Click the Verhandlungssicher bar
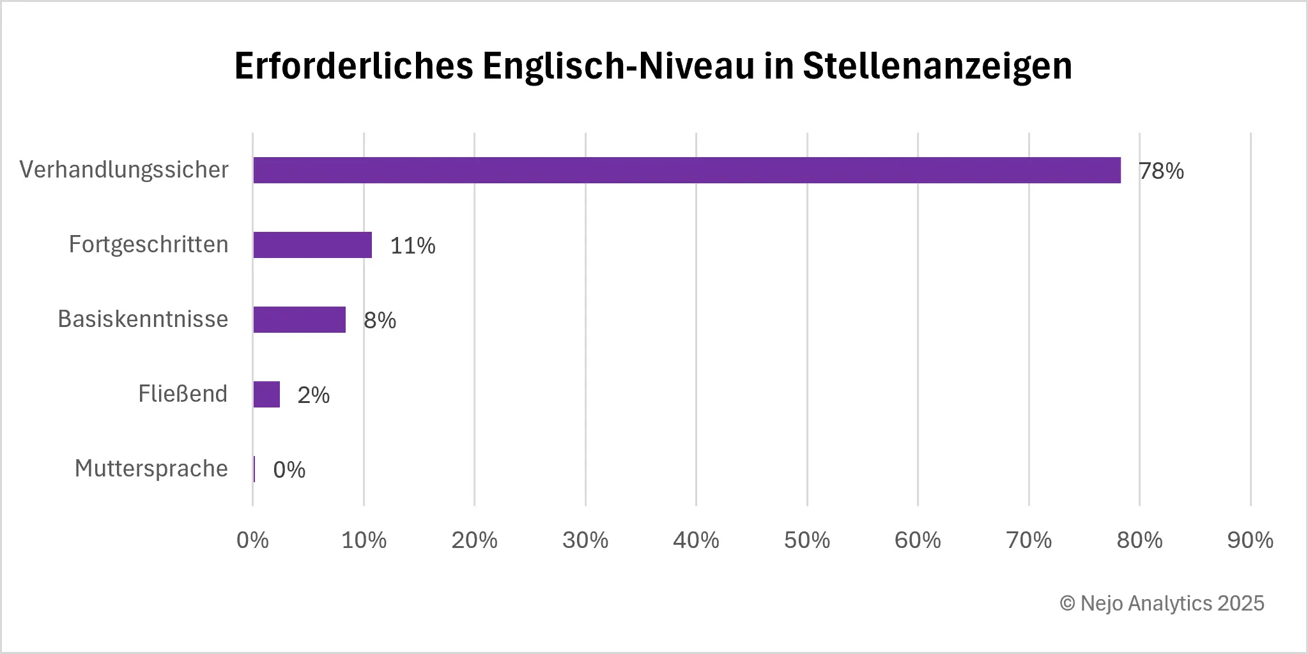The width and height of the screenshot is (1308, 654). [x=687, y=171]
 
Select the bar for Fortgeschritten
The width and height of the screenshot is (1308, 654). [x=312, y=245]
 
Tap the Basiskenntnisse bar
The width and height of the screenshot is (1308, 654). [x=299, y=320]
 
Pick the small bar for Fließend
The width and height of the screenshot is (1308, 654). [x=266, y=395]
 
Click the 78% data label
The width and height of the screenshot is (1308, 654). [x=1161, y=171]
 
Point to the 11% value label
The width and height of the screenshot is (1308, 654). [x=413, y=246]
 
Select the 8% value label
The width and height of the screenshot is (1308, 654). [x=380, y=321]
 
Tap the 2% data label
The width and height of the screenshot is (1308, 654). [x=313, y=395]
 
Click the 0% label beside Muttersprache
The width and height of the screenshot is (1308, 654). [x=289, y=470]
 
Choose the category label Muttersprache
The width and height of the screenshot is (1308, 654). [x=151, y=469]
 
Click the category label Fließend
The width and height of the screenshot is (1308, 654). [x=183, y=394]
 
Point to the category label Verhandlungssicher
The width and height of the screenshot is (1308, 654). [x=124, y=170]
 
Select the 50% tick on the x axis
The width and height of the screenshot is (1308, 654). [x=807, y=541]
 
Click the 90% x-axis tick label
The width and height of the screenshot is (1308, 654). [x=1250, y=541]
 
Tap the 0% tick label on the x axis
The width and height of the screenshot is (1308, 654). [x=252, y=541]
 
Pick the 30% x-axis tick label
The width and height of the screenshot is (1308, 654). [x=585, y=541]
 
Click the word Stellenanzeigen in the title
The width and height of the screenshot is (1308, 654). [x=937, y=66]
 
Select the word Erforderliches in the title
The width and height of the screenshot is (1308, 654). [x=354, y=66]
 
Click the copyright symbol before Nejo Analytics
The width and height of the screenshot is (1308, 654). [x=1067, y=604]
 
